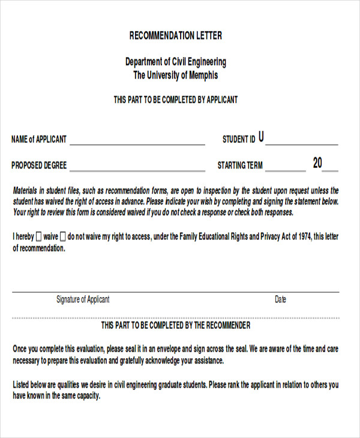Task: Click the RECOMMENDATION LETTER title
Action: pos(176,35)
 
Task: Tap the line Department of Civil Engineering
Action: pos(176,62)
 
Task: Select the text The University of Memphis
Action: pos(176,76)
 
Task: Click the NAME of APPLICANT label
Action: pos(39,139)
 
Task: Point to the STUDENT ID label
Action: pos(239,139)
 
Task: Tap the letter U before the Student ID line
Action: pos(261,137)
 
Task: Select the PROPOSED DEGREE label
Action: pos(39,166)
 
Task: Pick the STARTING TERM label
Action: pos(240,166)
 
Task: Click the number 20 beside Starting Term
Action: pos(317,163)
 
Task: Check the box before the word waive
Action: pos(39,236)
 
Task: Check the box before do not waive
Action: pos(63,236)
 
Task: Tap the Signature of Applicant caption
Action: pos(83,299)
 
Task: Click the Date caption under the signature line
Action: pos(280,299)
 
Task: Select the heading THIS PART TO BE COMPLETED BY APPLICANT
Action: pos(176,100)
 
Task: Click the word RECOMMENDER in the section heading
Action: pos(229,325)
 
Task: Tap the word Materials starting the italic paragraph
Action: pos(28,191)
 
